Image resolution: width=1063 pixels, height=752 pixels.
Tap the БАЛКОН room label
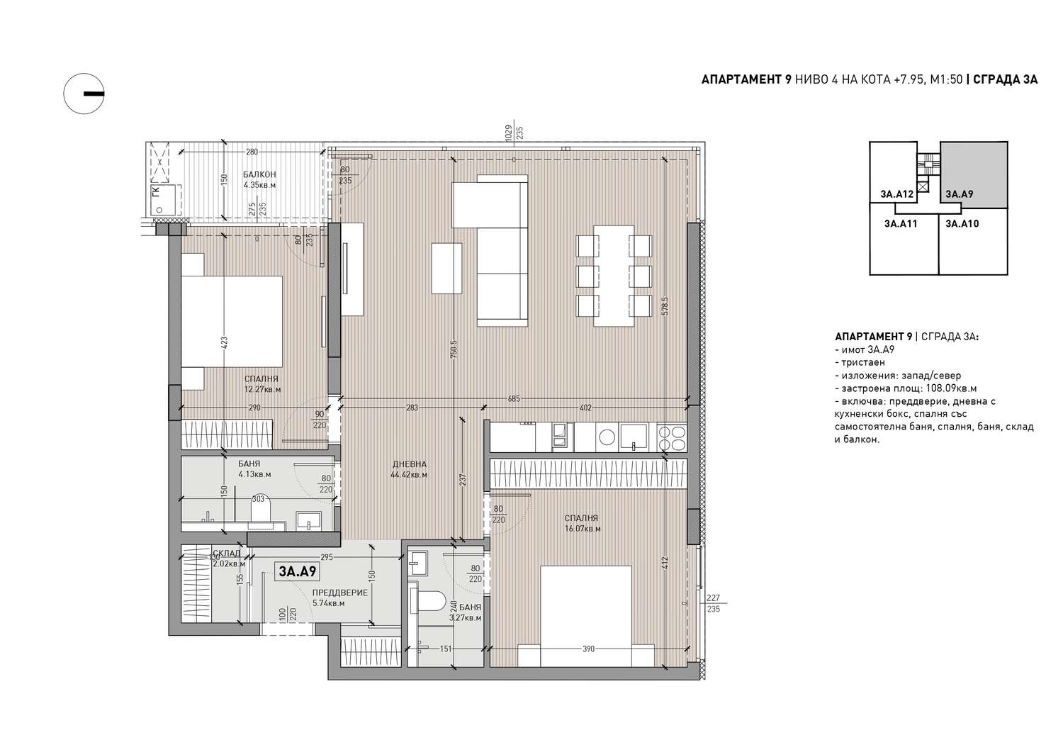point(259,174)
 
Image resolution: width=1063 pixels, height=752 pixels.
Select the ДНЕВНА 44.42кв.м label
point(409,469)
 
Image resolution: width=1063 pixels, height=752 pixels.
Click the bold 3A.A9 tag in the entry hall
point(297,571)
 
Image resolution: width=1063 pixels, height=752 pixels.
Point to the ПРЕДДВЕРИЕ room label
point(339,593)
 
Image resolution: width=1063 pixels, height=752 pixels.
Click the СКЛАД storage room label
point(227,553)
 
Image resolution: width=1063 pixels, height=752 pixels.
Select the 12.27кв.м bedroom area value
point(262,389)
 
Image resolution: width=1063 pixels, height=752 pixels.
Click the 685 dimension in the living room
point(514,399)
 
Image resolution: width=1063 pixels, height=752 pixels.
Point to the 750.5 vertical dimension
point(454,349)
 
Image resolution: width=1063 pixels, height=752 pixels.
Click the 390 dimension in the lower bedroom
point(588,649)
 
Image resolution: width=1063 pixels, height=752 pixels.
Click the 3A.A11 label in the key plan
point(901,223)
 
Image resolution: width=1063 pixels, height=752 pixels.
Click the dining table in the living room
point(614,276)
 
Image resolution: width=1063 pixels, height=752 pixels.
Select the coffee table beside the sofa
point(446,268)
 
